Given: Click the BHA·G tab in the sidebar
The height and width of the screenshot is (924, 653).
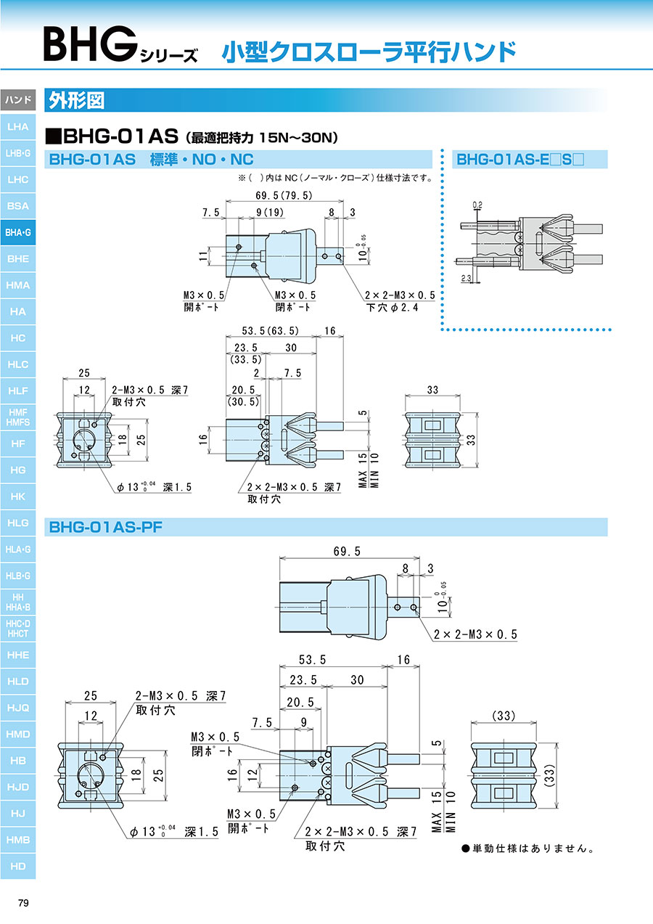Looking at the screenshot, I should click(x=17, y=232).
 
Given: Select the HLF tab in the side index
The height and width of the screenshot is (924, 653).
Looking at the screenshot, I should click(x=17, y=391).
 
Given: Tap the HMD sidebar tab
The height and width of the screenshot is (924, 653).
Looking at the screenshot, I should click(x=17, y=734).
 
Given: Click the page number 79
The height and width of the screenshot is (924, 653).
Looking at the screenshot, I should click(x=23, y=903).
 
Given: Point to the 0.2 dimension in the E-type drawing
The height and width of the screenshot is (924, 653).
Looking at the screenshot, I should click(x=477, y=205).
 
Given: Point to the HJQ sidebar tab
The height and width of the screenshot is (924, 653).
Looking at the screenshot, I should click(x=17, y=708).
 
